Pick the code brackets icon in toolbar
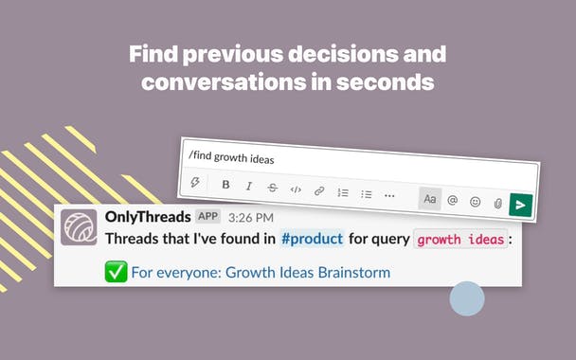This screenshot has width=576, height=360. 296,189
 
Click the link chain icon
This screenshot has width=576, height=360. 319,191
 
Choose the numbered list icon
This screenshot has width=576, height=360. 343,192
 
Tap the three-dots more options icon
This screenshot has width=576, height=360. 389,195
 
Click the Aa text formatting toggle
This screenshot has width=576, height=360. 430,198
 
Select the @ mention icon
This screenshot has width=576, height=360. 453,199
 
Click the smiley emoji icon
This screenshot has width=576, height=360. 476,201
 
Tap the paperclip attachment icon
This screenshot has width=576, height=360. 497,202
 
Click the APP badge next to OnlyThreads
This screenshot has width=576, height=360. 207,217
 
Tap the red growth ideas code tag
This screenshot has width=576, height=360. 460,240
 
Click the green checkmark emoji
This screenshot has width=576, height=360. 116,273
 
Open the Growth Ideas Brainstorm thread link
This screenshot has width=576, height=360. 261,273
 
